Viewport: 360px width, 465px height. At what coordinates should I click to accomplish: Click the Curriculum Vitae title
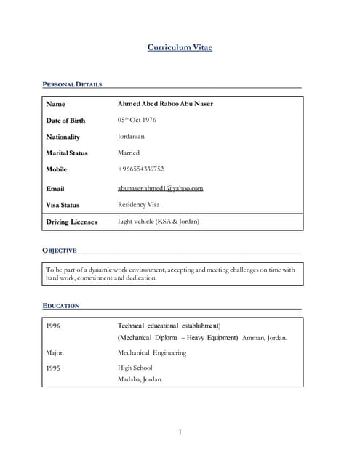(180, 48)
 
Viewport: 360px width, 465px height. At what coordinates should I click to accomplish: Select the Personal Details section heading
(73, 84)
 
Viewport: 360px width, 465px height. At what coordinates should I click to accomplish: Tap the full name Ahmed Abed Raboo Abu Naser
(165, 104)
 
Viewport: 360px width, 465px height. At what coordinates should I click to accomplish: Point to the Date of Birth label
(65, 121)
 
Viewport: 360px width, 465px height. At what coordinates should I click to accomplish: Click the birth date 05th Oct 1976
(137, 120)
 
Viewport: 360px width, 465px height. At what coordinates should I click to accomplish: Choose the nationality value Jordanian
(131, 137)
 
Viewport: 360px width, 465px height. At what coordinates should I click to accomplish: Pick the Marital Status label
(67, 153)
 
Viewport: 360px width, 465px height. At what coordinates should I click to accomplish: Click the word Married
(128, 153)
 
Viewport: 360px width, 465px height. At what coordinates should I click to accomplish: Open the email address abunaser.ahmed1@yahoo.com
(160, 188)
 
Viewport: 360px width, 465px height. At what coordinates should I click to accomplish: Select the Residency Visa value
(138, 205)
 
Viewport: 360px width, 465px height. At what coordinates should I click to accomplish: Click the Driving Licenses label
(71, 222)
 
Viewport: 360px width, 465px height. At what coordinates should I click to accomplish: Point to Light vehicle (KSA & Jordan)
(158, 221)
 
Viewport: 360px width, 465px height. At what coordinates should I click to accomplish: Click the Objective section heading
(60, 251)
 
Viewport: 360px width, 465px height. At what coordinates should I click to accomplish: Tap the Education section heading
(61, 306)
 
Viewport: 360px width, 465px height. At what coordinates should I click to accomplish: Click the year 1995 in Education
(53, 368)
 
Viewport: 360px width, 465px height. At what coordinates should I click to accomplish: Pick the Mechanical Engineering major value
(152, 352)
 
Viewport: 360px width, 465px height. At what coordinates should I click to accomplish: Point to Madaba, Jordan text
(140, 379)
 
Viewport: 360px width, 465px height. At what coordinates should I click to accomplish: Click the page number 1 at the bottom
(180, 433)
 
